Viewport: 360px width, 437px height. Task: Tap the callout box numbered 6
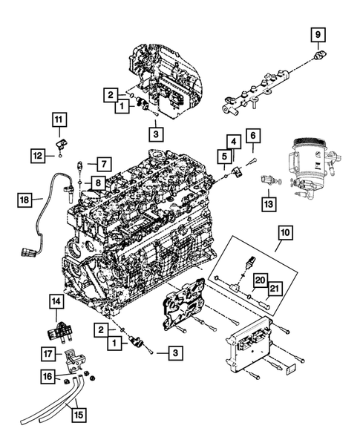point(252,136)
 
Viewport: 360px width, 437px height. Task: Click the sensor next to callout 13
point(269,180)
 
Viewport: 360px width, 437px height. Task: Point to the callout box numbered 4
point(233,141)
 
